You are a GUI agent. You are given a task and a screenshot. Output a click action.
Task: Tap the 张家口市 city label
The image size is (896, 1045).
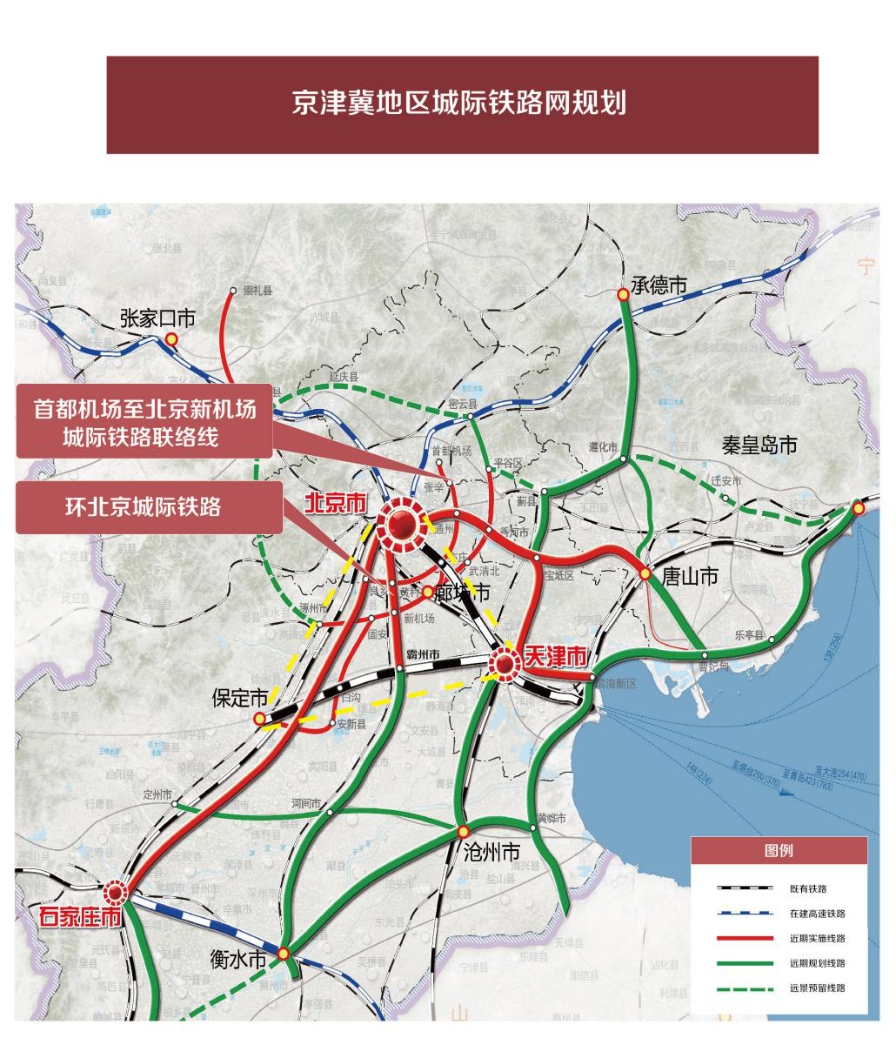point(157,318)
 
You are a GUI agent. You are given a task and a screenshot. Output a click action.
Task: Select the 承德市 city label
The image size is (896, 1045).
point(659,285)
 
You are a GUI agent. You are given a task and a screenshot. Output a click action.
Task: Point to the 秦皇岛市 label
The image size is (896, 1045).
point(759,445)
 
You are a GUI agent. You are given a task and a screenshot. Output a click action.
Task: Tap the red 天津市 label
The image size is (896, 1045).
point(555,658)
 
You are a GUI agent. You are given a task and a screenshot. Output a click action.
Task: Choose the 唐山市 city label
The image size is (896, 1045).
point(690,576)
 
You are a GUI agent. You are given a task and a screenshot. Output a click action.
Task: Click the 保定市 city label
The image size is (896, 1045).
point(241,698)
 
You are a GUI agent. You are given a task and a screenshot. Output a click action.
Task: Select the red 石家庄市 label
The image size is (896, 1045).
point(79,916)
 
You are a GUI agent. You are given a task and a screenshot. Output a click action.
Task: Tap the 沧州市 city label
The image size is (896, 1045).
point(491,851)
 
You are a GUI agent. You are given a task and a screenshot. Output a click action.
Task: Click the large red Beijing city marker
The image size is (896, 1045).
point(402,525)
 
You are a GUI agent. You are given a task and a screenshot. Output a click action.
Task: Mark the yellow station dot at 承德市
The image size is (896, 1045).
point(623,295)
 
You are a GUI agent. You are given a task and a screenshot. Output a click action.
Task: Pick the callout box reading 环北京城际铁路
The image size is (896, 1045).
point(149,507)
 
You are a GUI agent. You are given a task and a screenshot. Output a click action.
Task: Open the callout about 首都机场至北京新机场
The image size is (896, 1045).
point(144,421)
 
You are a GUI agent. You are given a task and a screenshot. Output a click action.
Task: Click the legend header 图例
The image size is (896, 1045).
point(779,850)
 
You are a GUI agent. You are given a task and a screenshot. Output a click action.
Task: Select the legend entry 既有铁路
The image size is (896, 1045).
point(808,888)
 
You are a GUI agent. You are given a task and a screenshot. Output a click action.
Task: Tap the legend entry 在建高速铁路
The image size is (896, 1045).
point(817,914)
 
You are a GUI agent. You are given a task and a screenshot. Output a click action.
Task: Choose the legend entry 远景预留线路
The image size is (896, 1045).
point(817,988)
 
